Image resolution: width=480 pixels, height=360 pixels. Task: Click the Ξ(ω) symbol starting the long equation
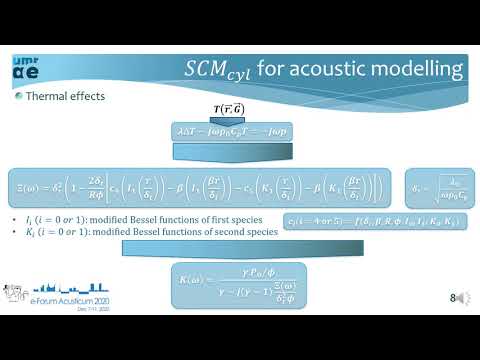(x=32, y=185)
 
